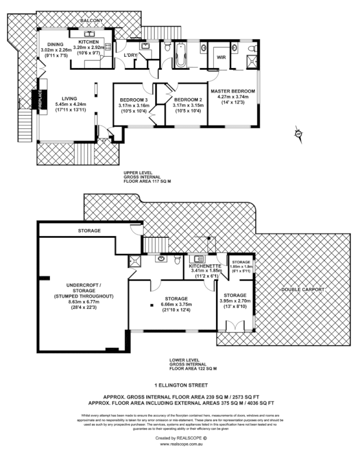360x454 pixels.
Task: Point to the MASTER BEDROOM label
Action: (x=232, y=91)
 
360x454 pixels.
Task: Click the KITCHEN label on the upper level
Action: (x=89, y=42)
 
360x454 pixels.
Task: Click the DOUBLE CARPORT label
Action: (x=303, y=289)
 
